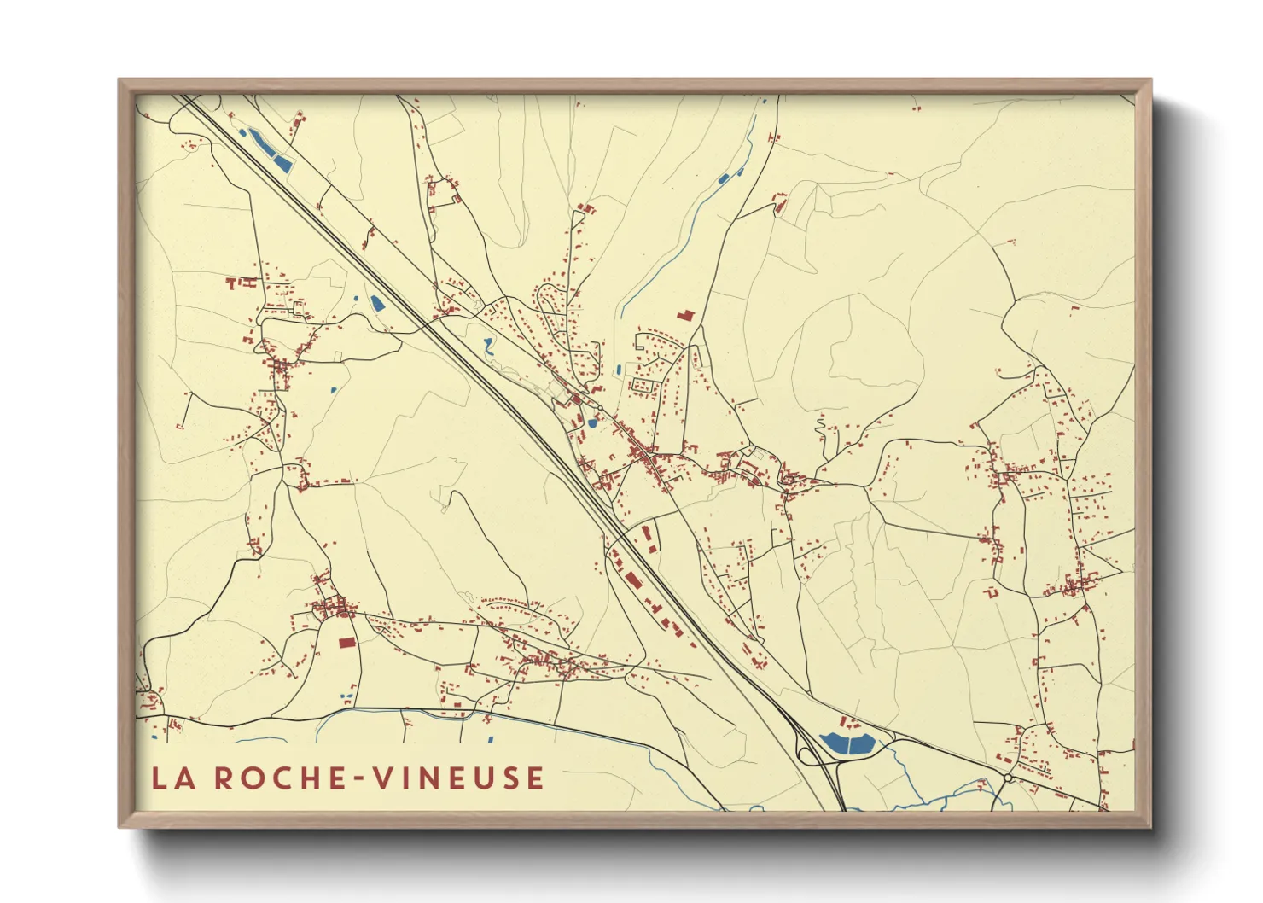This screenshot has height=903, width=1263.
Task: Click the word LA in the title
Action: point(170,778)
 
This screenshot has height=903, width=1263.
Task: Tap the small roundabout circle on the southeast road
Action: point(1008,778)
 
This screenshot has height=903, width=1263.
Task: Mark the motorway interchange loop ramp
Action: point(806,751)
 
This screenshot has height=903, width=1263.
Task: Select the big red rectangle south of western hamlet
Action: point(346,643)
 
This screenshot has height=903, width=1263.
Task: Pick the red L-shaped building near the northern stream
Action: point(685,316)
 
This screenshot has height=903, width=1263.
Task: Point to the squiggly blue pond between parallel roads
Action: point(487,346)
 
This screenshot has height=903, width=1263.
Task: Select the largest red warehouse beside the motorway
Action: point(632,580)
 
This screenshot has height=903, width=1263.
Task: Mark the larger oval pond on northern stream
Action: point(724,179)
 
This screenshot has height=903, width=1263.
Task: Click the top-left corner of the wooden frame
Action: point(119,80)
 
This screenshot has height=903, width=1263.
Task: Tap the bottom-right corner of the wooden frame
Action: point(1150,826)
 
